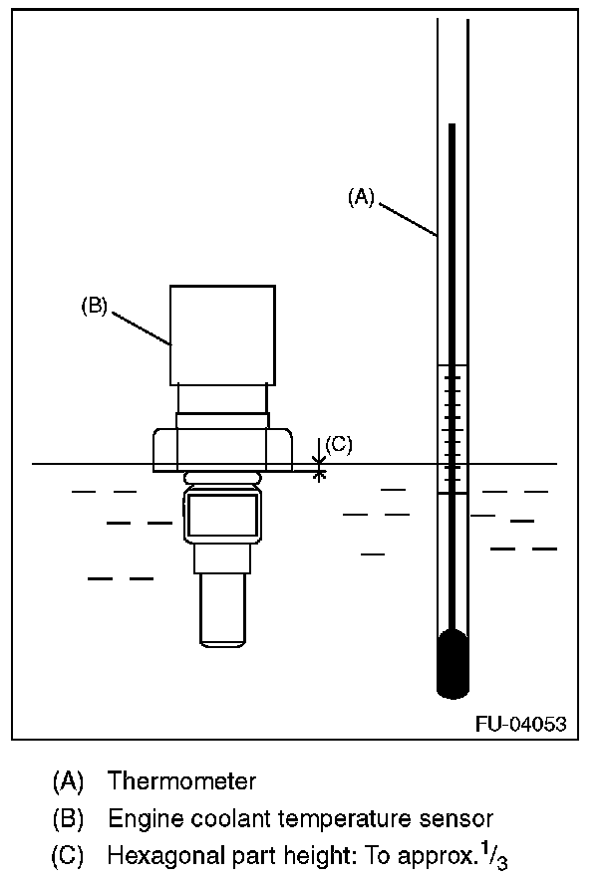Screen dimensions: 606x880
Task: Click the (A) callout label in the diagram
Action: [361, 197]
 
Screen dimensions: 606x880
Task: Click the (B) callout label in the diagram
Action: [95, 306]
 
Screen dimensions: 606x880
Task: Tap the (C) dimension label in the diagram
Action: [339, 445]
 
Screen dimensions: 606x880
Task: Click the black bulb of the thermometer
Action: [453, 663]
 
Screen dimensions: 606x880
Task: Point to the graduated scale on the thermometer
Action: [453, 429]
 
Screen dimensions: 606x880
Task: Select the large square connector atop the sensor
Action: [222, 335]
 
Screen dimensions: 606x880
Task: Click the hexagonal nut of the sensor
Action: [222, 450]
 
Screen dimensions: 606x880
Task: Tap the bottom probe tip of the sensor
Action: [222, 610]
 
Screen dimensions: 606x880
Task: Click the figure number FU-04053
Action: [520, 724]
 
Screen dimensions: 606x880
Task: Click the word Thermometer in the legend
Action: [182, 781]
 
